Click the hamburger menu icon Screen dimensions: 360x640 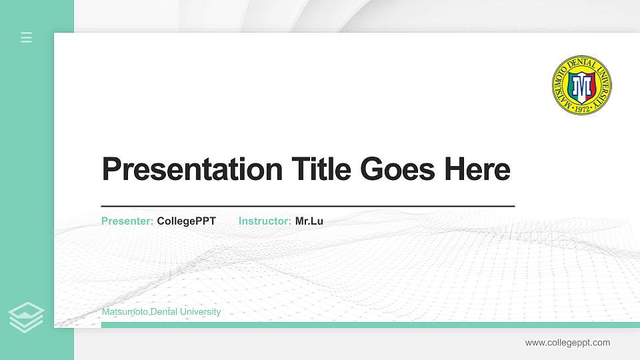coord(27,37)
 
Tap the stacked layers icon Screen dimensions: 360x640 coord(27,317)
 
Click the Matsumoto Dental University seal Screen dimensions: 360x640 coord(581,85)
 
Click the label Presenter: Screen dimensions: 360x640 coord(127,221)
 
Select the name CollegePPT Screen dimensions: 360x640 coord(187,221)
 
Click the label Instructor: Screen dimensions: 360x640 coord(265,221)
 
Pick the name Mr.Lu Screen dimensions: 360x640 coord(309,221)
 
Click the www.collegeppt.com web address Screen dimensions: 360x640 coord(567,343)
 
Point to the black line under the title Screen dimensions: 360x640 coord(308,206)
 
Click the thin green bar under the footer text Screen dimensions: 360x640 coord(367,325)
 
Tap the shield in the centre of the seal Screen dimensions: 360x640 coord(581,85)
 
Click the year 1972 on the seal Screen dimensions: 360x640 coord(582,107)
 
